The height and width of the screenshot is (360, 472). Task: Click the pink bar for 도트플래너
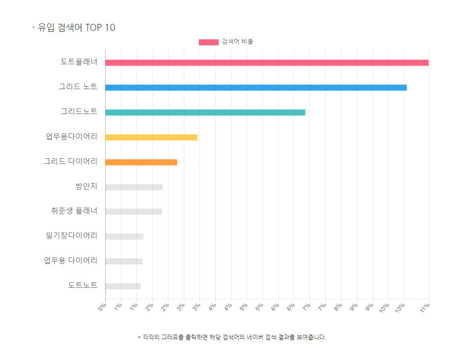[x=267, y=63]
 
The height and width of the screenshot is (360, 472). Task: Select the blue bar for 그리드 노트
[x=256, y=88]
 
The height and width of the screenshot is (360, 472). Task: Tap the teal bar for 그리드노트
[x=205, y=113]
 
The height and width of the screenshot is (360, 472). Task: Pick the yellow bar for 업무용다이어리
[x=152, y=137]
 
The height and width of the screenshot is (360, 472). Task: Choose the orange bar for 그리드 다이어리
[x=141, y=162]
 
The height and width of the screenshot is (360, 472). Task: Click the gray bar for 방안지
[x=134, y=187]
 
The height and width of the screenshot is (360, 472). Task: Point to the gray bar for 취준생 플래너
[x=134, y=212]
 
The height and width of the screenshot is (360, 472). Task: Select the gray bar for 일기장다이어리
[x=124, y=237]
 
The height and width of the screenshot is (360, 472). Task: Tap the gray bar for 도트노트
[x=123, y=286]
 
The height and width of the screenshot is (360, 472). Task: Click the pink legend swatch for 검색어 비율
[x=209, y=42]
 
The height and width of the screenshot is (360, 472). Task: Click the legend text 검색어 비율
[x=238, y=41]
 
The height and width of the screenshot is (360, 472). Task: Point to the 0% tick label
[x=102, y=307]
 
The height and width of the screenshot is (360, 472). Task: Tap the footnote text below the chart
[x=232, y=337]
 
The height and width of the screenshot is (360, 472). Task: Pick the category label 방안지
[x=86, y=186]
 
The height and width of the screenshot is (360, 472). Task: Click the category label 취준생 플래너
[x=74, y=211]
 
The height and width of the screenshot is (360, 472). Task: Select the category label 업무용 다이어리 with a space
[x=71, y=260]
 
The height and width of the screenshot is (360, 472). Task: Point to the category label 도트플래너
[x=79, y=62]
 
